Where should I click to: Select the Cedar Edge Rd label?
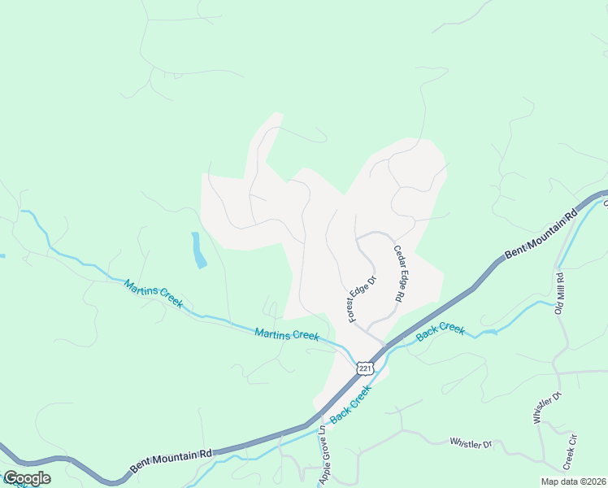399,274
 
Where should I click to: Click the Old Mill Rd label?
559,293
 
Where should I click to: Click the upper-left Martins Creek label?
153,294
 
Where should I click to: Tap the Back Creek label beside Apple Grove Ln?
351,403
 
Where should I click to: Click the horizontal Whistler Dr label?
471,444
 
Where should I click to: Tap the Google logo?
26,478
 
